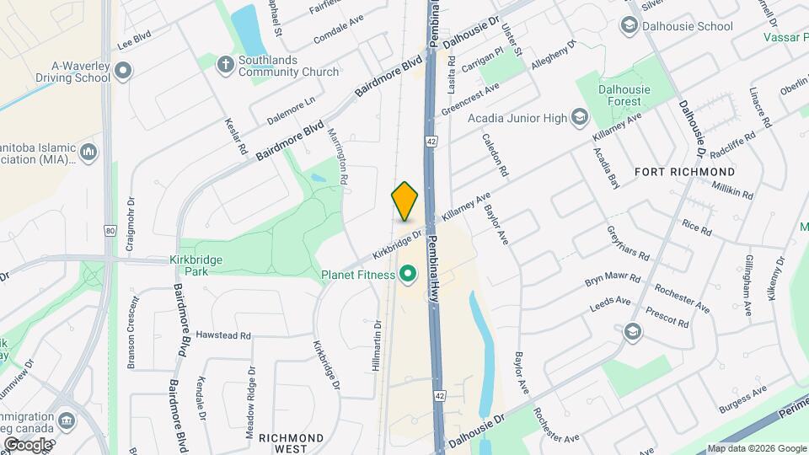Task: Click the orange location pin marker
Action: click(x=404, y=201)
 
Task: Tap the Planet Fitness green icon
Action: click(x=409, y=274)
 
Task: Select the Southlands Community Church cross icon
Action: click(x=225, y=63)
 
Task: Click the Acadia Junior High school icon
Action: click(x=580, y=118)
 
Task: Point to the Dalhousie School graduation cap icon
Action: click(x=629, y=26)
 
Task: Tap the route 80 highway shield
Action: click(x=110, y=229)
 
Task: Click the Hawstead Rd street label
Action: click(x=223, y=335)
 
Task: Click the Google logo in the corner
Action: click(x=28, y=444)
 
